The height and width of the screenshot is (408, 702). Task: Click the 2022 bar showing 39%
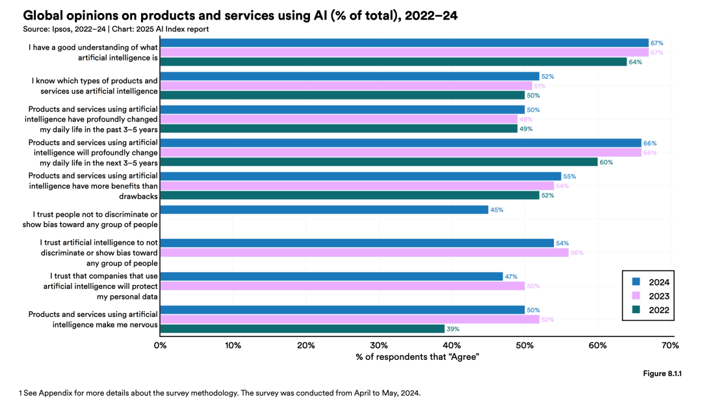[x=302, y=329]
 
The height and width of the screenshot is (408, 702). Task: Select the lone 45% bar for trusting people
[x=324, y=210]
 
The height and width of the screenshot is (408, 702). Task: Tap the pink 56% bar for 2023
[x=364, y=252]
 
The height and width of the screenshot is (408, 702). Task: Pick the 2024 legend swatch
[x=637, y=282]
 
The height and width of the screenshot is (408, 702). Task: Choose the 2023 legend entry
[x=651, y=296]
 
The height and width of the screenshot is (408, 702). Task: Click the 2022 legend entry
[x=651, y=310]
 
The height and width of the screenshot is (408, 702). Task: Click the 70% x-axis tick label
[x=670, y=345]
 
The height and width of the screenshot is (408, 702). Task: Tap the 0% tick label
[x=160, y=345]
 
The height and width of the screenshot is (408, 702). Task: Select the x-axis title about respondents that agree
[x=417, y=358]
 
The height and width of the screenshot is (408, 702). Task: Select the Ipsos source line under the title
[x=116, y=29]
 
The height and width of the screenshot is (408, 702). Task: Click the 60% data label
[x=606, y=162]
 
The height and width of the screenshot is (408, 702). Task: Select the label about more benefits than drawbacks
[x=93, y=185]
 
